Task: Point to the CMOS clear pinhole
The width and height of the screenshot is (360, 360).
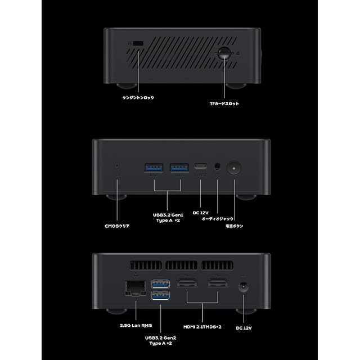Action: pos(117,166)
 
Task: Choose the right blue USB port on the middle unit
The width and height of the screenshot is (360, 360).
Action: pos(179,167)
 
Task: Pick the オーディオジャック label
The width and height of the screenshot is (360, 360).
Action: pos(217,219)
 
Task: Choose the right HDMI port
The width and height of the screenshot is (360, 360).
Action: pos(217,285)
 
